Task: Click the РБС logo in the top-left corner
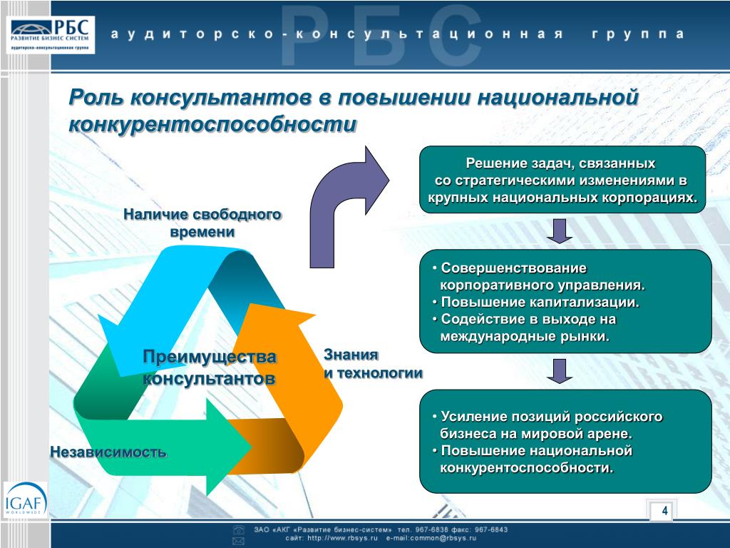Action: pos(51,35)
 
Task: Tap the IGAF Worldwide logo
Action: pos(25,500)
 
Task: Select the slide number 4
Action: pos(665,511)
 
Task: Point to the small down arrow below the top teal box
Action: pos(559,231)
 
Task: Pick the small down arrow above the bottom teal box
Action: pos(559,371)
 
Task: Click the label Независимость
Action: pos(108,452)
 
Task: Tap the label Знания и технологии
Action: pos(373,364)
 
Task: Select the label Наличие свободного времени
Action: pos(202,223)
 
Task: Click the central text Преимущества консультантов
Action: pos(210,367)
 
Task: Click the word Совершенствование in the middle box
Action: pos(513,268)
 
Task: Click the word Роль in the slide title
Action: pos(96,97)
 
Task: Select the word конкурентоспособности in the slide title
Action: pos(212,124)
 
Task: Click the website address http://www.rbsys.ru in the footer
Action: pos(342,538)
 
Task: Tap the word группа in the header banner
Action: pos(638,35)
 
